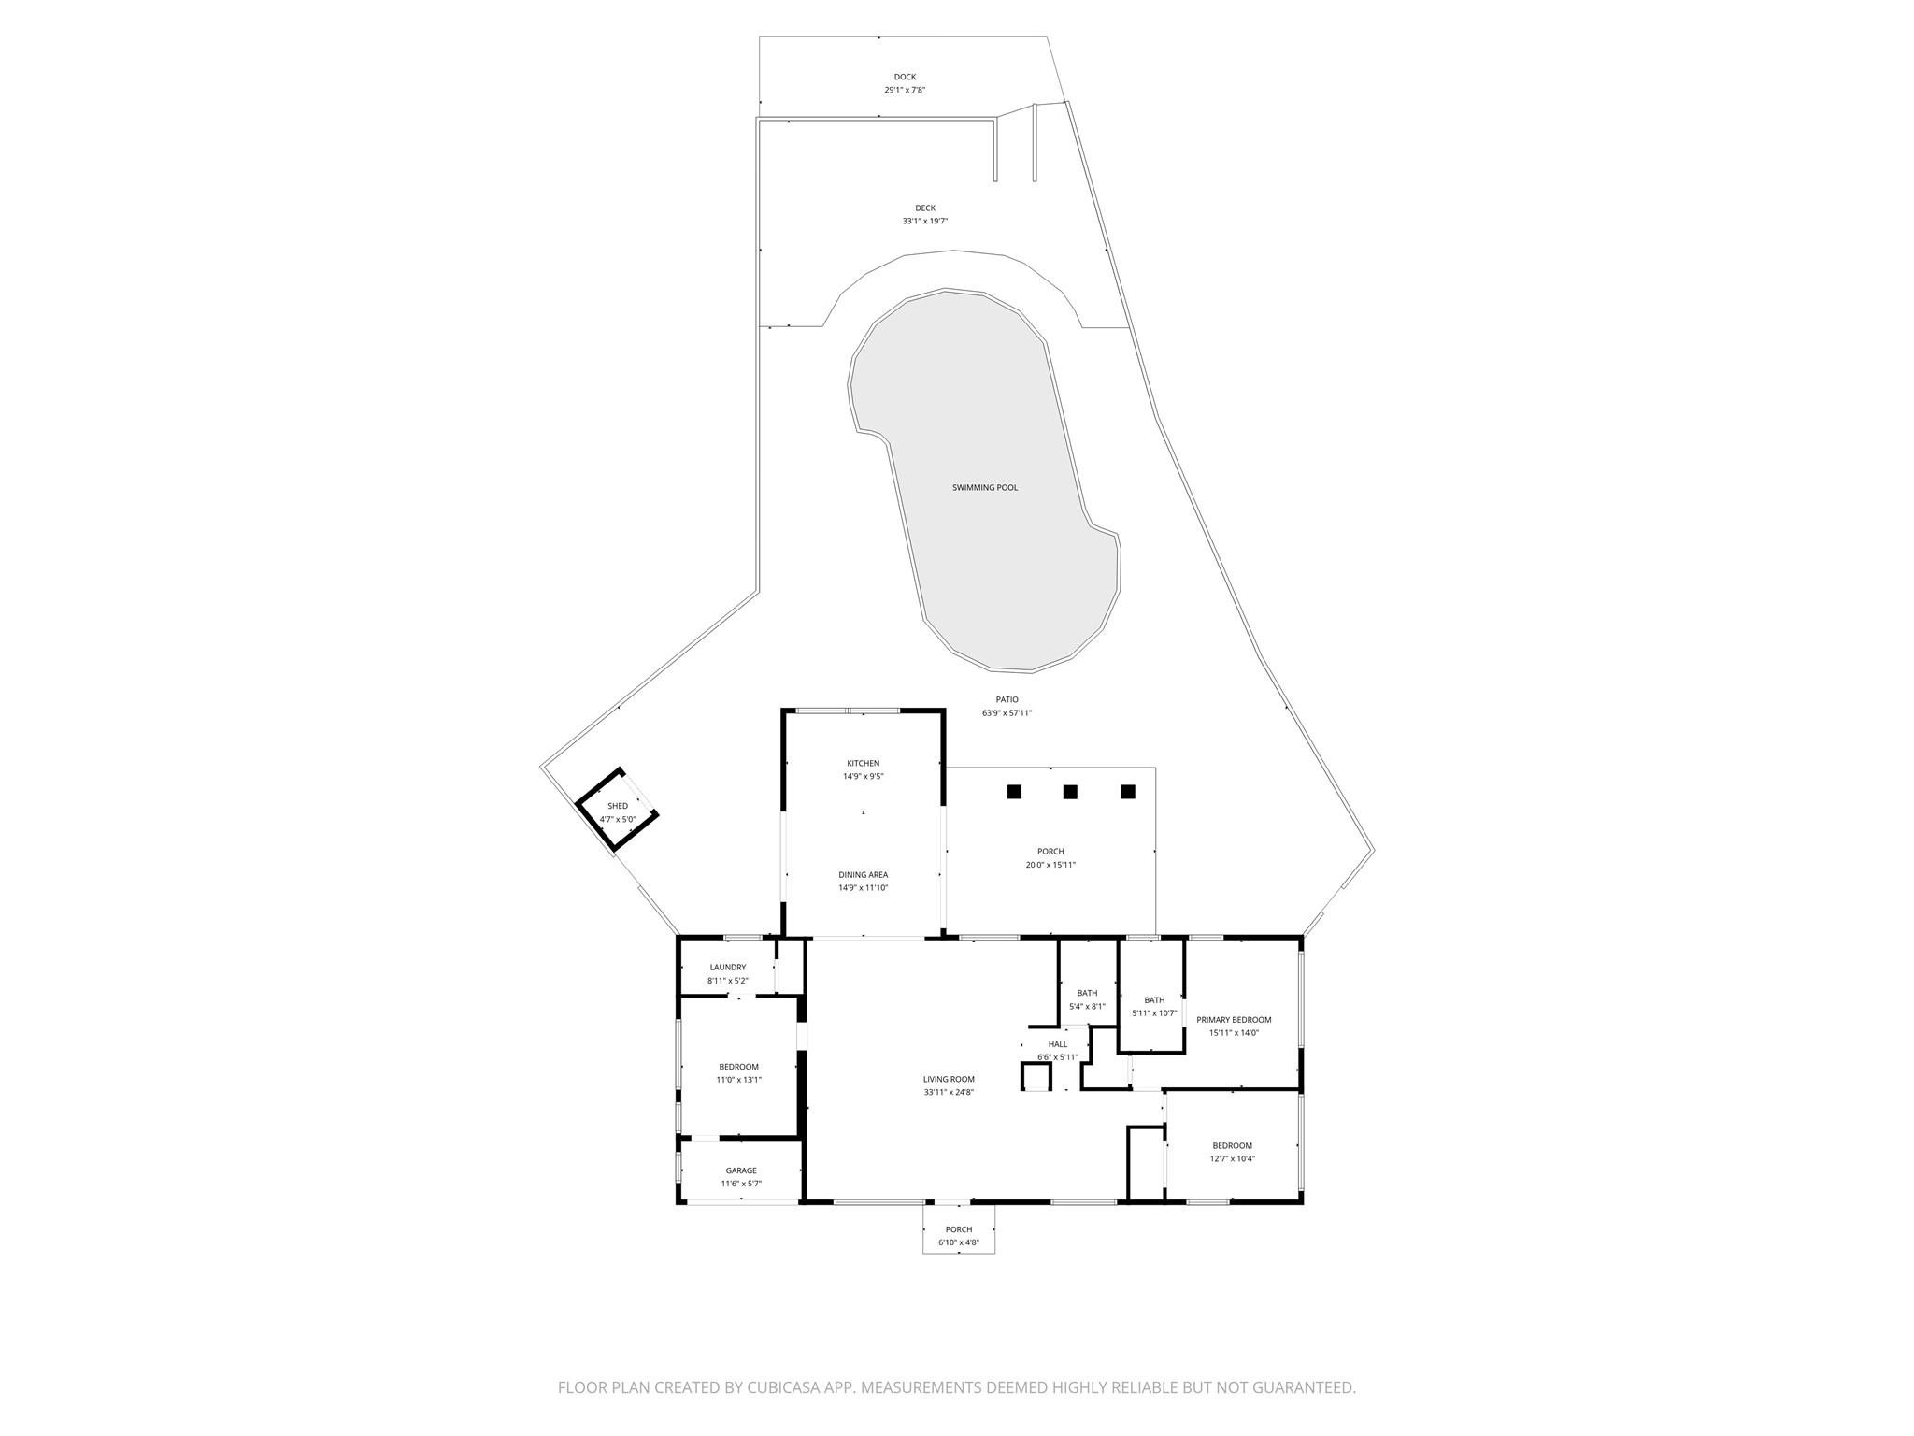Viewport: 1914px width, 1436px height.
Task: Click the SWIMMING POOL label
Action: click(985, 487)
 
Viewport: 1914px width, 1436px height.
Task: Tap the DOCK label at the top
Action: click(905, 77)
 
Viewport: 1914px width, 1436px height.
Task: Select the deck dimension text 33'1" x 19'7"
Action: click(925, 222)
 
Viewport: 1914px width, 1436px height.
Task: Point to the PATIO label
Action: click(1007, 699)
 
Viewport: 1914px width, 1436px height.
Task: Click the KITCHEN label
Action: click(863, 763)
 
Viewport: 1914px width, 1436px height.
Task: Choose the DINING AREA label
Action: click(863, 875)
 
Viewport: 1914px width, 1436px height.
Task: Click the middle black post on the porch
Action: click(1070, 792)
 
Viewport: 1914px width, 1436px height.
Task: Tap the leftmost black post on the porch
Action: click(1014, 792)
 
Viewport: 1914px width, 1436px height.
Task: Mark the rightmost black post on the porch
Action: click(1128, 792)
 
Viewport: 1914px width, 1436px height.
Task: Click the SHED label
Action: click(618, 806)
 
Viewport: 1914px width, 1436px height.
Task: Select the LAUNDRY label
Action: click(728, 968)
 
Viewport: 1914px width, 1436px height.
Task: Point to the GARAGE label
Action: click(741, 1170)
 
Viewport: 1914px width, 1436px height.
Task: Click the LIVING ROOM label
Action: click(949, 1079)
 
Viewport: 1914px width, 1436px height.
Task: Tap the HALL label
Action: click(1057, 1044)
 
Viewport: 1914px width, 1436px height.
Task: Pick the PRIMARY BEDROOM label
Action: click(1234, 1020)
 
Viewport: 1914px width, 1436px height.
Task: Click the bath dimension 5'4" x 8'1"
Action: click(1087, 1007)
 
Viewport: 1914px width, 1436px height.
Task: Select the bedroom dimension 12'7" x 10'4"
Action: click(1232, 1158)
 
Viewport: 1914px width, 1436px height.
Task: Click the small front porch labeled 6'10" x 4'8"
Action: click(958, 1236)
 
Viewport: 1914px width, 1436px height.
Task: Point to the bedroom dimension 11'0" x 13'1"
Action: click(738, 1080)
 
